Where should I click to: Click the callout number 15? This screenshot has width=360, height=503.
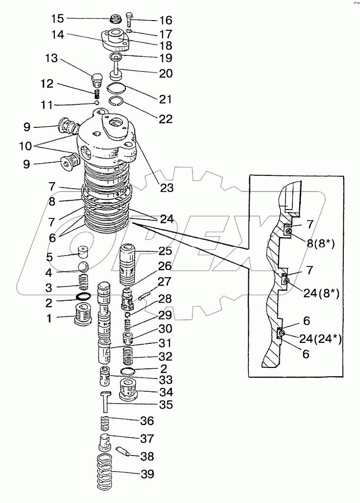(58, 19)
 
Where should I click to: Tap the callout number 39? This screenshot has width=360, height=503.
(147, 474)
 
